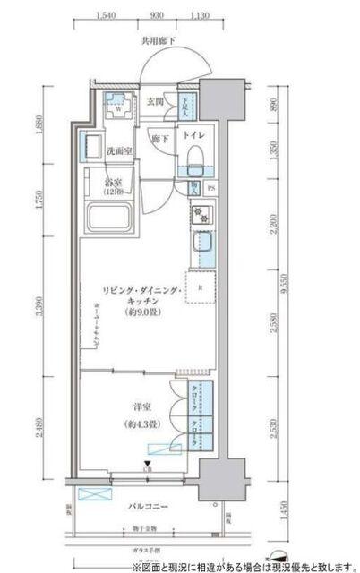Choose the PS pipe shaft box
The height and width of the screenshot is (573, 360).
210,188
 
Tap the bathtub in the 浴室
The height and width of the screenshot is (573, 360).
110,218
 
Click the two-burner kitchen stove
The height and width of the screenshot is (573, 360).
198,215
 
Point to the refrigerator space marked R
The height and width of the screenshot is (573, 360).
201,286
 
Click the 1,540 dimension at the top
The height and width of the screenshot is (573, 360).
105,15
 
